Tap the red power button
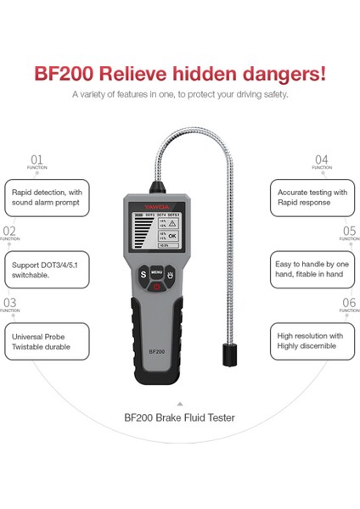(156, 287)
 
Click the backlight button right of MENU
(171, 275)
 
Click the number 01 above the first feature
(37, 159)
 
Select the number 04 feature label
(322, 159)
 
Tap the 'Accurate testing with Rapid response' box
(312, 198)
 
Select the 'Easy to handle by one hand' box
(312, 270)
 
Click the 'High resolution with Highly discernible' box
(312, 342)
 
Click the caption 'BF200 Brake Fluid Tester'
(179, 417)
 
